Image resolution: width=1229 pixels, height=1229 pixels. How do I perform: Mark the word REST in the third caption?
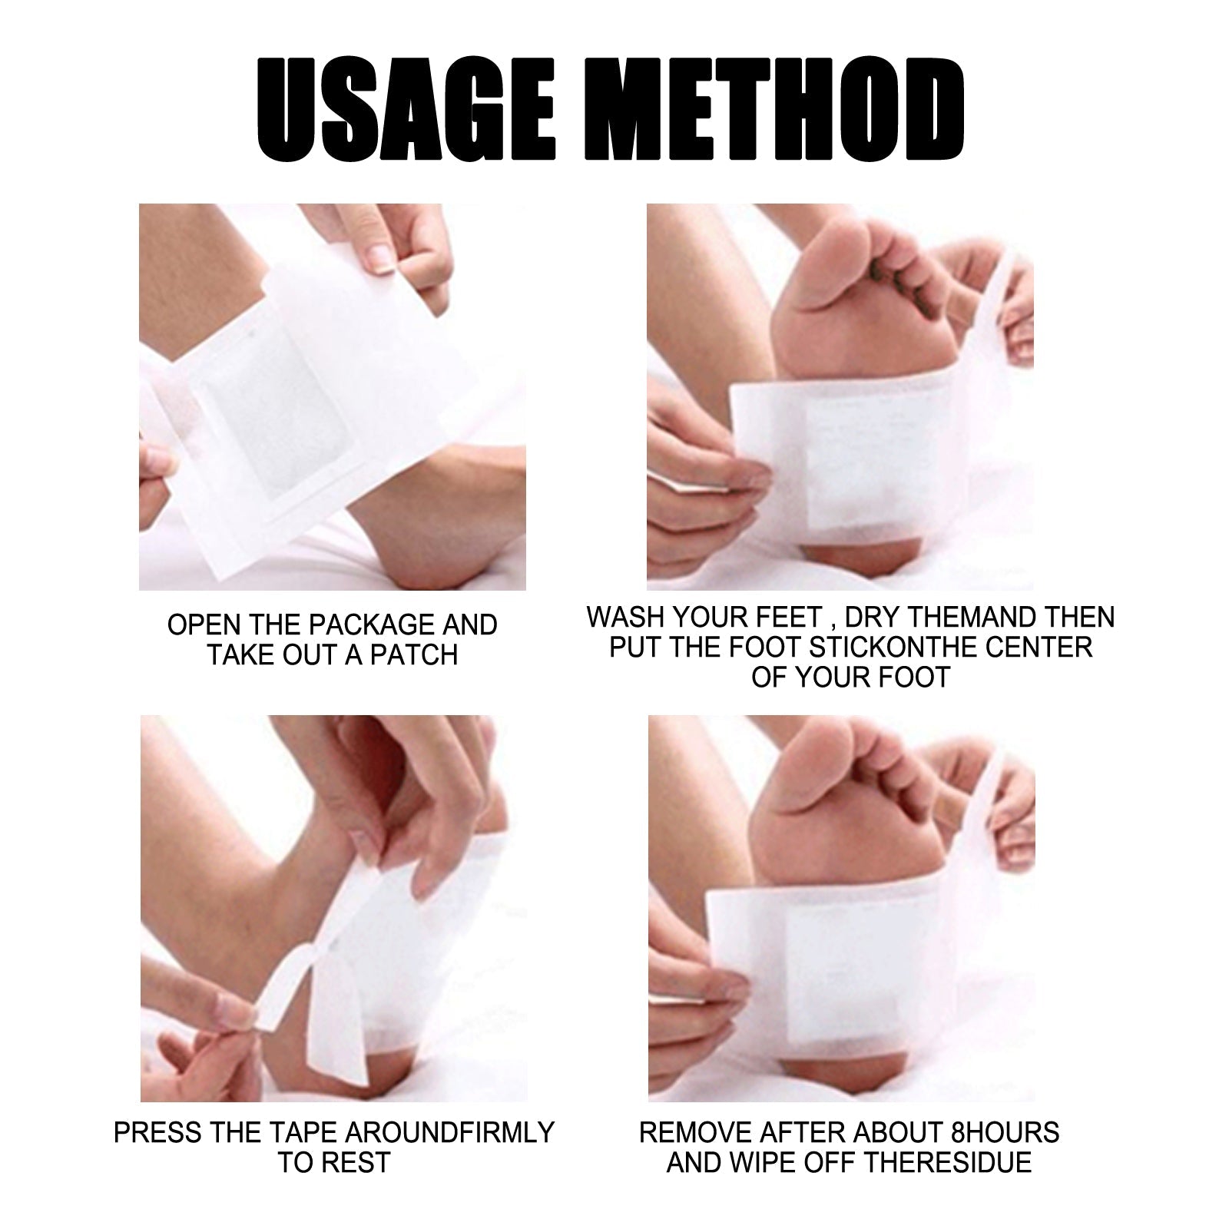coord(363,1163)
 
